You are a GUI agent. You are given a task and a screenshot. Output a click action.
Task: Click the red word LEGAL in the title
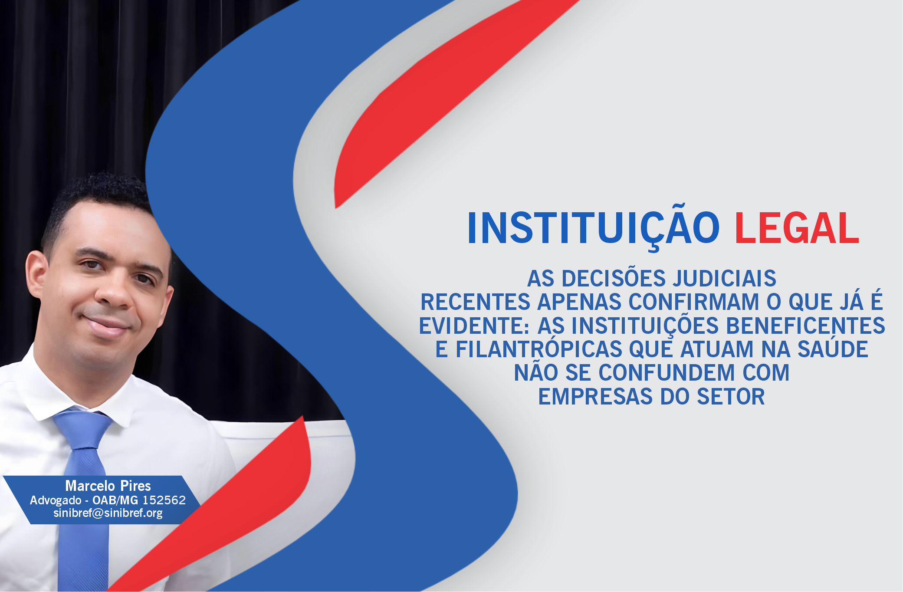pyautogui.click(x=797, y=228)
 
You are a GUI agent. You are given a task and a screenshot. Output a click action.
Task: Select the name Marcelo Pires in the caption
pyautogui.click(x=108, y=486)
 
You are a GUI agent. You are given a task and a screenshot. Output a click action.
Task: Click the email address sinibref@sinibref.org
pyautogui.click(x=108, y=513)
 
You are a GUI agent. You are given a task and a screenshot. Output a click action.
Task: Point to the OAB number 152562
pyautogui.click(x=164, y=500)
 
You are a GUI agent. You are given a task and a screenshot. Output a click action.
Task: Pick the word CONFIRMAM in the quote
pyautogui.click(x=694, y=302)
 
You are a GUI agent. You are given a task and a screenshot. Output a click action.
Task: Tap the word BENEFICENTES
pyautogui.click(x=805, y=326)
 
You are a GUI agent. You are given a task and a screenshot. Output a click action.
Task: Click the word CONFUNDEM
pyautogui.click(x=667, y=373)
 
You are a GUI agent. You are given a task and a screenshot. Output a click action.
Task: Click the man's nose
pyautogui.click(x=114, y=295)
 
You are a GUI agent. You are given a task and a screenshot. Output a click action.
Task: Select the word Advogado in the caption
pyautogui.click(x=56, y=500)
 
